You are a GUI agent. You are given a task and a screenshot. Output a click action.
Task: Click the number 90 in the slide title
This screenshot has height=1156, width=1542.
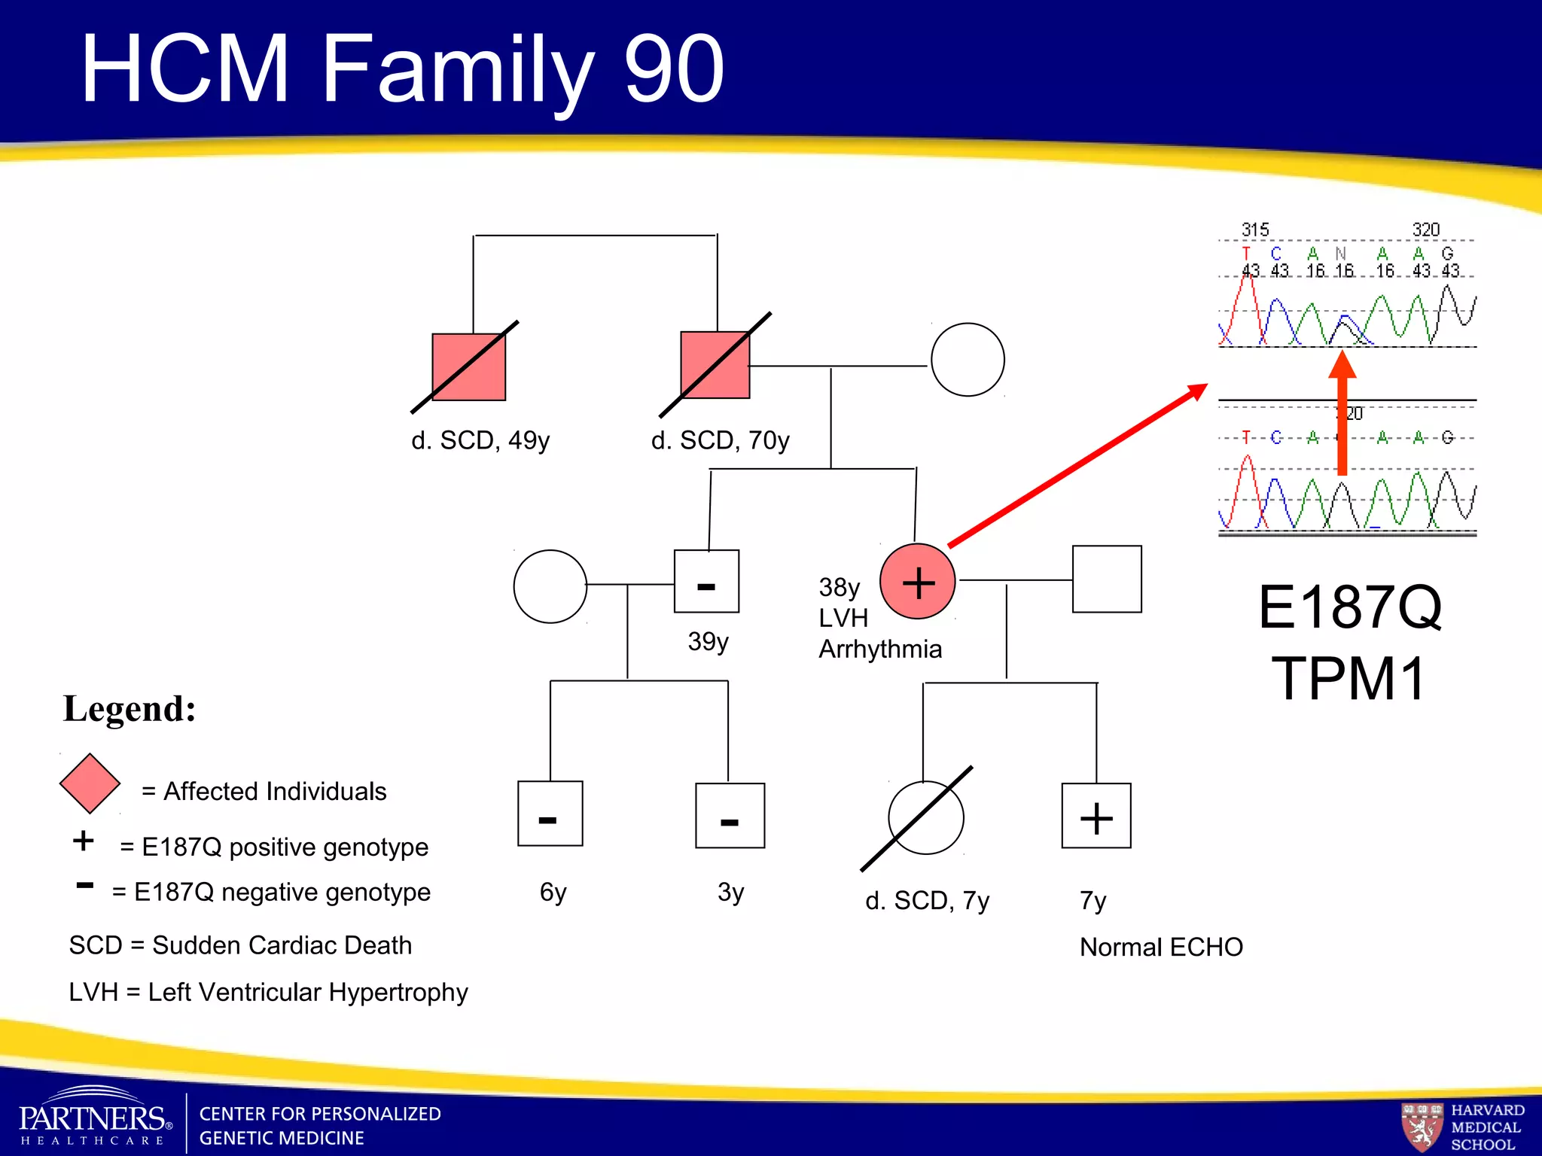(674, 69)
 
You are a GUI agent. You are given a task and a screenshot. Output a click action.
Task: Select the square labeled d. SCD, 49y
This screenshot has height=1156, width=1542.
(468, 367)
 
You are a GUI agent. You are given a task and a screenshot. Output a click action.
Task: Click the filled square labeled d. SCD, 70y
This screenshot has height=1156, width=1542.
(715, 365)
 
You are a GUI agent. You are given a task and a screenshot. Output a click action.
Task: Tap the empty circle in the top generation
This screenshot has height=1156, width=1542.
(968, 360)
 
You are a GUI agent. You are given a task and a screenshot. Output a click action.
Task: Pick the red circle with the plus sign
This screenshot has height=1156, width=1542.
(918, 582)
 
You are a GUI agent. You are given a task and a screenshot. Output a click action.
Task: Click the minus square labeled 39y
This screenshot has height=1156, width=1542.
(706, 582)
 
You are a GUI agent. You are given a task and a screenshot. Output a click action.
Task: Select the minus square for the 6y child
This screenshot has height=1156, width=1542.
(550, 814)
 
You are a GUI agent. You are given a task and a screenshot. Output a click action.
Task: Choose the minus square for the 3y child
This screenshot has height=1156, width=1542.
(730, 816)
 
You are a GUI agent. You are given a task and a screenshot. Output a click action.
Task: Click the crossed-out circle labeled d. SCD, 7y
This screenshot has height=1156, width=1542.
(925, 817)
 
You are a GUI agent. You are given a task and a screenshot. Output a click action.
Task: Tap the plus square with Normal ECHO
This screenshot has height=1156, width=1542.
(1096, 816)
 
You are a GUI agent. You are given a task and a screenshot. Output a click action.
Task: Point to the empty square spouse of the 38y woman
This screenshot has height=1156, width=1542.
(1107, 580)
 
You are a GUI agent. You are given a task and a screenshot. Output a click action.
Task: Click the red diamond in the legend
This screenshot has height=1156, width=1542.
(90, 783)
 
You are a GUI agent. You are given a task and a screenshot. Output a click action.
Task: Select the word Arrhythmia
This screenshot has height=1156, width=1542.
(880, 649)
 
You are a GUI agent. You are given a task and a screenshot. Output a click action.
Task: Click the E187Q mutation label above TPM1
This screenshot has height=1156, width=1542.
(1350, 607)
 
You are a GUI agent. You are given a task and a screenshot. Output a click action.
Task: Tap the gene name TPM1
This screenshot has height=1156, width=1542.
(1348, 678)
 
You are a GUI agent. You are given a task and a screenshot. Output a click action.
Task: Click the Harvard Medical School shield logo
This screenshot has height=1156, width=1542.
(1422, 1126)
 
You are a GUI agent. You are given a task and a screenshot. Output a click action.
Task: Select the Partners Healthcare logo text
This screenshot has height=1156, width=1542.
(95, 1119)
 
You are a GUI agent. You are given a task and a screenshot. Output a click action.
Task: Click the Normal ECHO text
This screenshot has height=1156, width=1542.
(1161, 947)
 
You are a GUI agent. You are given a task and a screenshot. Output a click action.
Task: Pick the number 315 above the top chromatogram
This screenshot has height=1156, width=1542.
(1255, 230)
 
